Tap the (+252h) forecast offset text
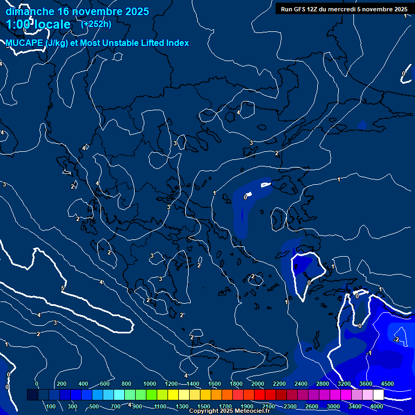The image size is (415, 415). tap(96, 24)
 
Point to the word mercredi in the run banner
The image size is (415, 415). tap(340, 9)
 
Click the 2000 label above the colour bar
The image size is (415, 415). tap(258, 384)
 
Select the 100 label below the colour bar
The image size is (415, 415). tap(51, 406)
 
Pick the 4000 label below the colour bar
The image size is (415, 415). tap(377, 406)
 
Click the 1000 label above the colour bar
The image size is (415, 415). tap(150, 384)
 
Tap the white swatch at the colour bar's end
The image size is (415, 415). tap(378, 395)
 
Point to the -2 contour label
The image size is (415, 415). tap(396, 339)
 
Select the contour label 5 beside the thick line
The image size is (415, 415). tap(63, 289)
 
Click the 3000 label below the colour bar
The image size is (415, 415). tap(333, 406)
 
